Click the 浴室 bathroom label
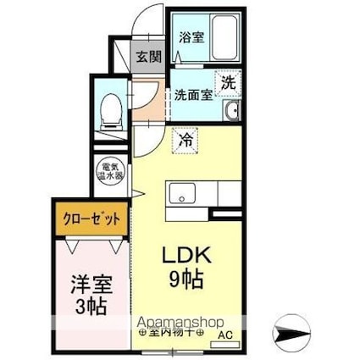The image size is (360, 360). (x=191, y=37)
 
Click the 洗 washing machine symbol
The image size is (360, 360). (x=229, y=83)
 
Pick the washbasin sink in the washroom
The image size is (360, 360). (x=231, y=112)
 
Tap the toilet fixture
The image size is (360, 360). (x=110, y=110)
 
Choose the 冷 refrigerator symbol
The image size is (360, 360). (x=184, y=139)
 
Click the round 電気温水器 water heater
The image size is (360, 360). (x=111, y=173)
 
